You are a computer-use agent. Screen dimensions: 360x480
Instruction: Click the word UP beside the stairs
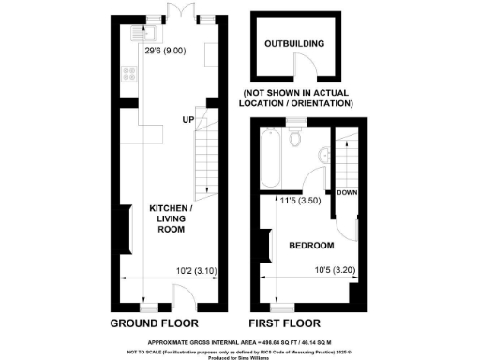coord(188,119)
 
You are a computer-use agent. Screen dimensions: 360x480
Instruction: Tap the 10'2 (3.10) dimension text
coord(191,272)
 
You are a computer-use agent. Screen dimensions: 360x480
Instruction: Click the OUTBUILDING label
coord(293,43)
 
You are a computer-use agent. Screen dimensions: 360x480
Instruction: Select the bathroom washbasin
coord(323,157)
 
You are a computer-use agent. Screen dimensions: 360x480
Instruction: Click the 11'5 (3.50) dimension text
coord(302,200)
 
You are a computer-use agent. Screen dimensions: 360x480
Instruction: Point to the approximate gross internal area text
coord(240,344)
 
